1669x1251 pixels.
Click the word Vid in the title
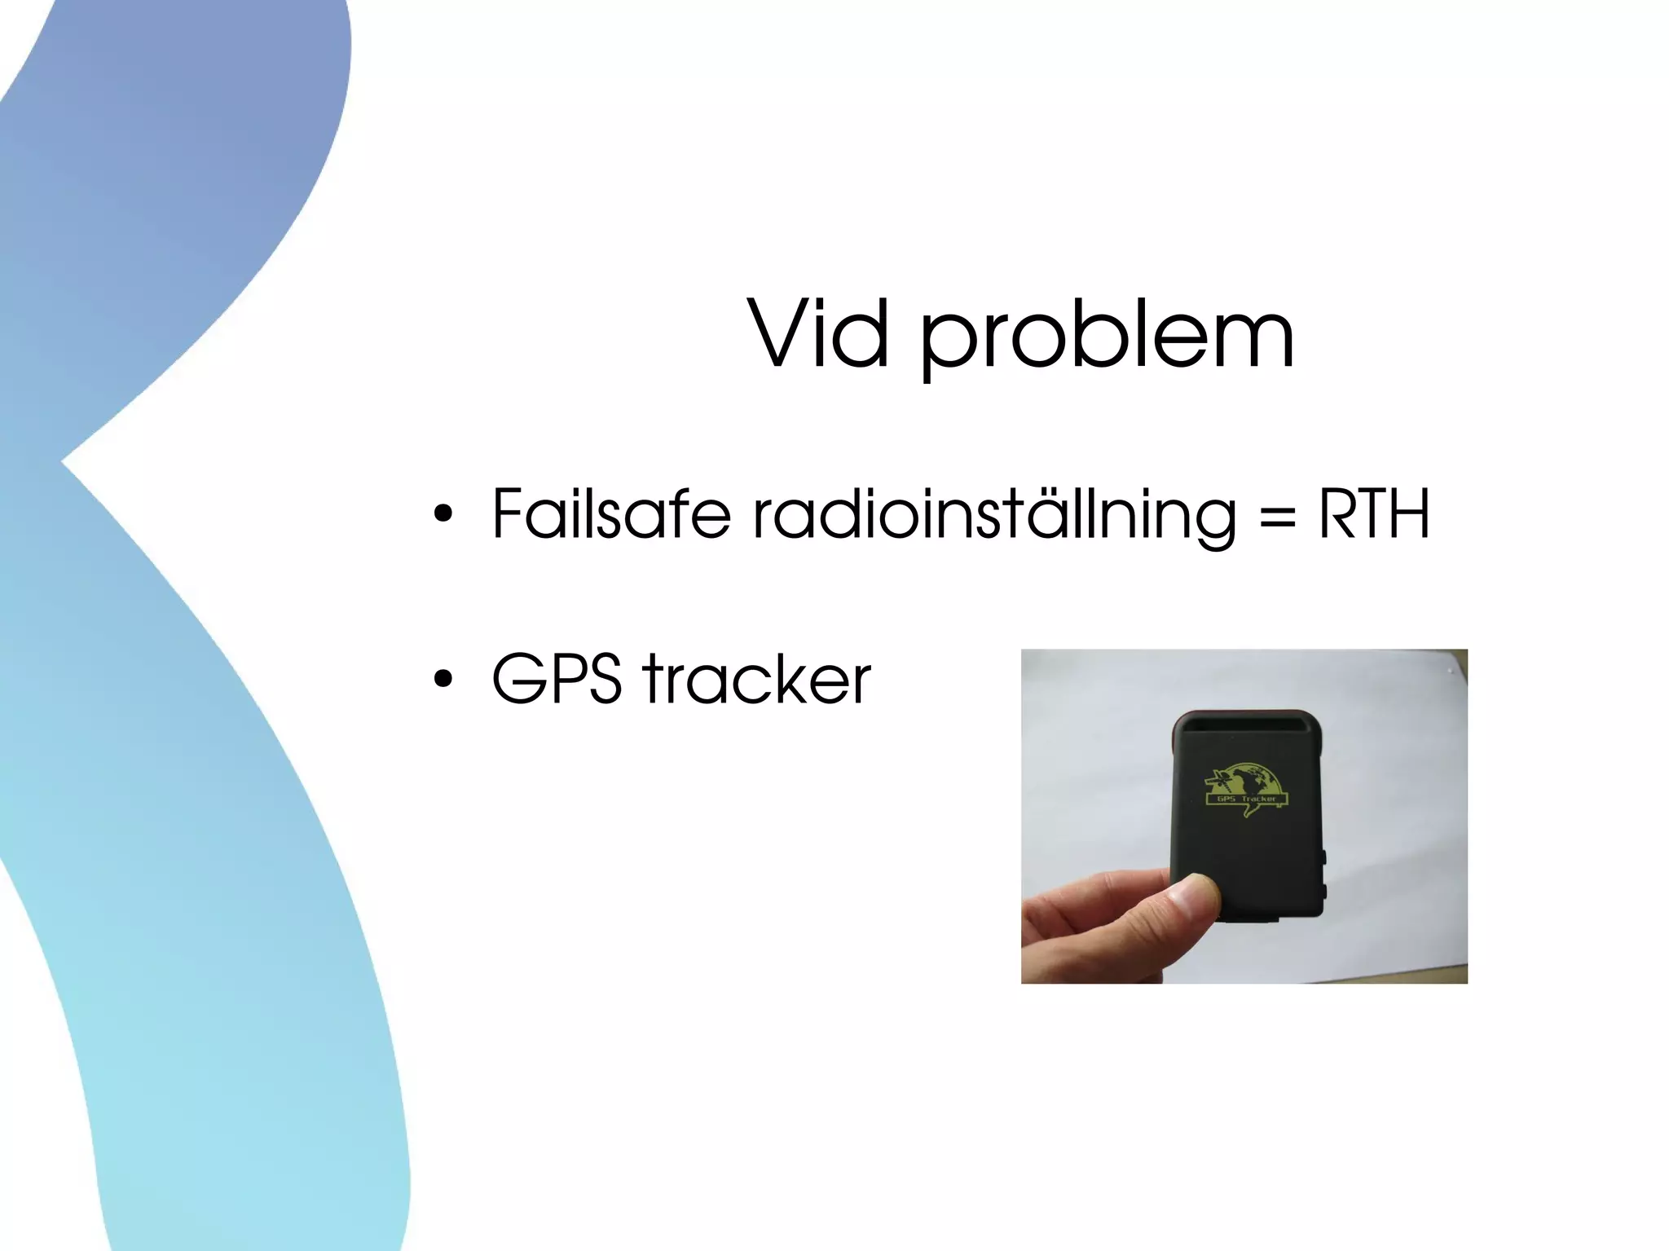coord(818,334)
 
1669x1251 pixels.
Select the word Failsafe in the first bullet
coord(611,513)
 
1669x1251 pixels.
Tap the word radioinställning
coord(994,515)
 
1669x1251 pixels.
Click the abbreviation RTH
coord(1374,513)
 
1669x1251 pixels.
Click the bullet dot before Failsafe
coord(443,513)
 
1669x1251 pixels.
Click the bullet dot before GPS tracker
coord(443,678)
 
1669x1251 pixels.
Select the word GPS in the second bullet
coord(557,678)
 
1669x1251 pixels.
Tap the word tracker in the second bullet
coord(757,678)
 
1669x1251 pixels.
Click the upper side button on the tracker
coord(1322,857)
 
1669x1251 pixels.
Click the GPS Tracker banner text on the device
coord(1247,799)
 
